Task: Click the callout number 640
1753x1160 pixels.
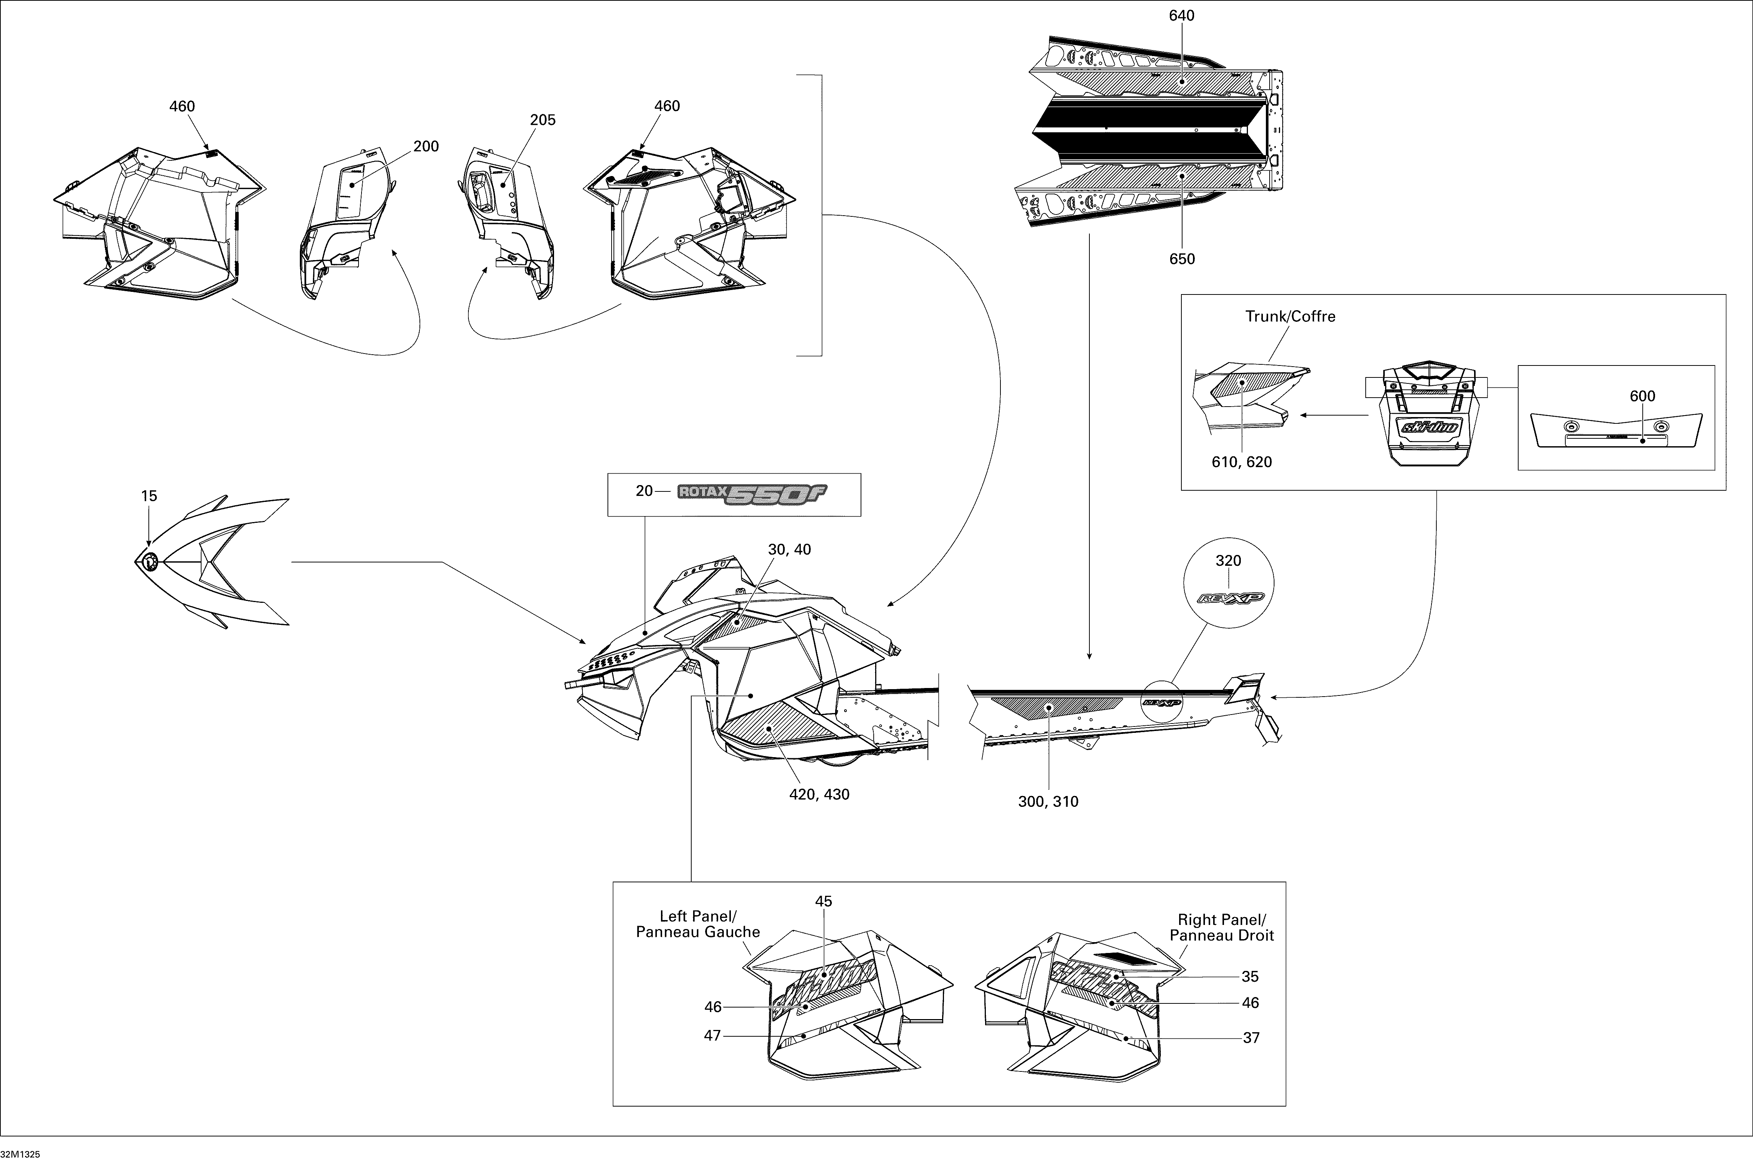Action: (x=1182, y=16)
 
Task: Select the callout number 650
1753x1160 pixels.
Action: (x=1182, y=259)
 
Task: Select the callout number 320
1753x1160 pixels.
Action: (x=1228, y=561)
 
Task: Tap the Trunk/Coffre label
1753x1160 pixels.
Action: (x=1291, y=317)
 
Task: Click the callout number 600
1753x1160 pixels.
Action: (x=1642, y=397)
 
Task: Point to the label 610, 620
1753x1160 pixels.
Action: (x=1242, y=462)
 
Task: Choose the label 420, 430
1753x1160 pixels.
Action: (x=819, y=795)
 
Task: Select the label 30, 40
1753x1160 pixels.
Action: (x=790, y=550)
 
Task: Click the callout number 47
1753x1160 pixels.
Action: (x=713, y=1036)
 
